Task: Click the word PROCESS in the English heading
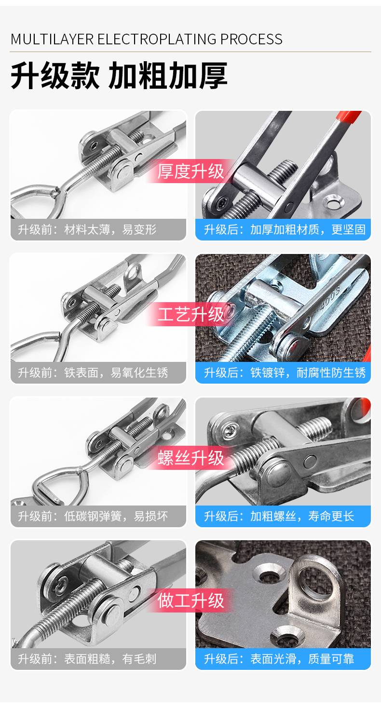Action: [251, 39]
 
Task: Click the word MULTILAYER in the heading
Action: [52, 39]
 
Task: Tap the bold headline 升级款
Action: [55, 76]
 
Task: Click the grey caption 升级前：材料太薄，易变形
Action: [87, 229]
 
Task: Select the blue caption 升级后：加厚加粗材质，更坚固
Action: [285, 229]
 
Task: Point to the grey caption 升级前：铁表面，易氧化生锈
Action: [93, 373]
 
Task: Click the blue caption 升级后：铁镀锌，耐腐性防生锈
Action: [285, 373]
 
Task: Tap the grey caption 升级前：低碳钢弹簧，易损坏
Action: [93, 516]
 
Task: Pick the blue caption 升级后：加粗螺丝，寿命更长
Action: [279, 516]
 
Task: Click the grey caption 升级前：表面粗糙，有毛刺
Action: [87, 659]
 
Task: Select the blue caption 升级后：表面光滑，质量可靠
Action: [279, 659]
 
